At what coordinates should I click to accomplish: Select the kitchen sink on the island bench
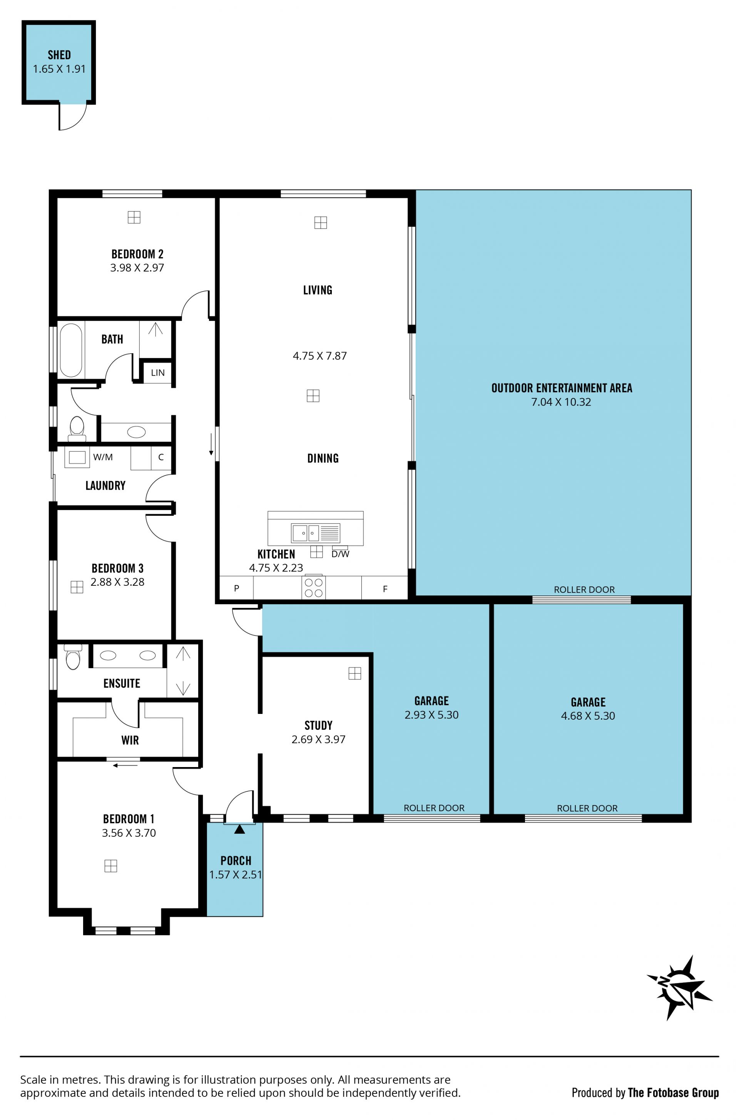point(315,533)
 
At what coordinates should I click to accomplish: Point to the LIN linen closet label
point(158,373)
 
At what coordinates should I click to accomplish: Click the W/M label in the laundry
point(103,457)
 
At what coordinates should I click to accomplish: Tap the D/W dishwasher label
point(340,554)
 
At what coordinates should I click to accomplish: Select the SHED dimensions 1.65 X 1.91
point(59,69)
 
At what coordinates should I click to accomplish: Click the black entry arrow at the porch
point(239,829)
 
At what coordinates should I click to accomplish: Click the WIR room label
point(130,740)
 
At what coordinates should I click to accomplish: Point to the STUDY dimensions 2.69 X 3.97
point(319,739)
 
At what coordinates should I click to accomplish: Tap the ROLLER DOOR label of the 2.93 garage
point(434,808)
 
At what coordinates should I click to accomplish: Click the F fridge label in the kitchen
point(385,588)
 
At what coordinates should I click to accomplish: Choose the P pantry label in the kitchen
point(237,588)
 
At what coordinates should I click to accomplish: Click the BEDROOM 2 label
point(137,254)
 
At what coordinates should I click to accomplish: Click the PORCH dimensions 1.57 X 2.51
point(236,874)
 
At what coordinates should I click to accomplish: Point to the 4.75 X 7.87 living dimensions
point(320,356)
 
